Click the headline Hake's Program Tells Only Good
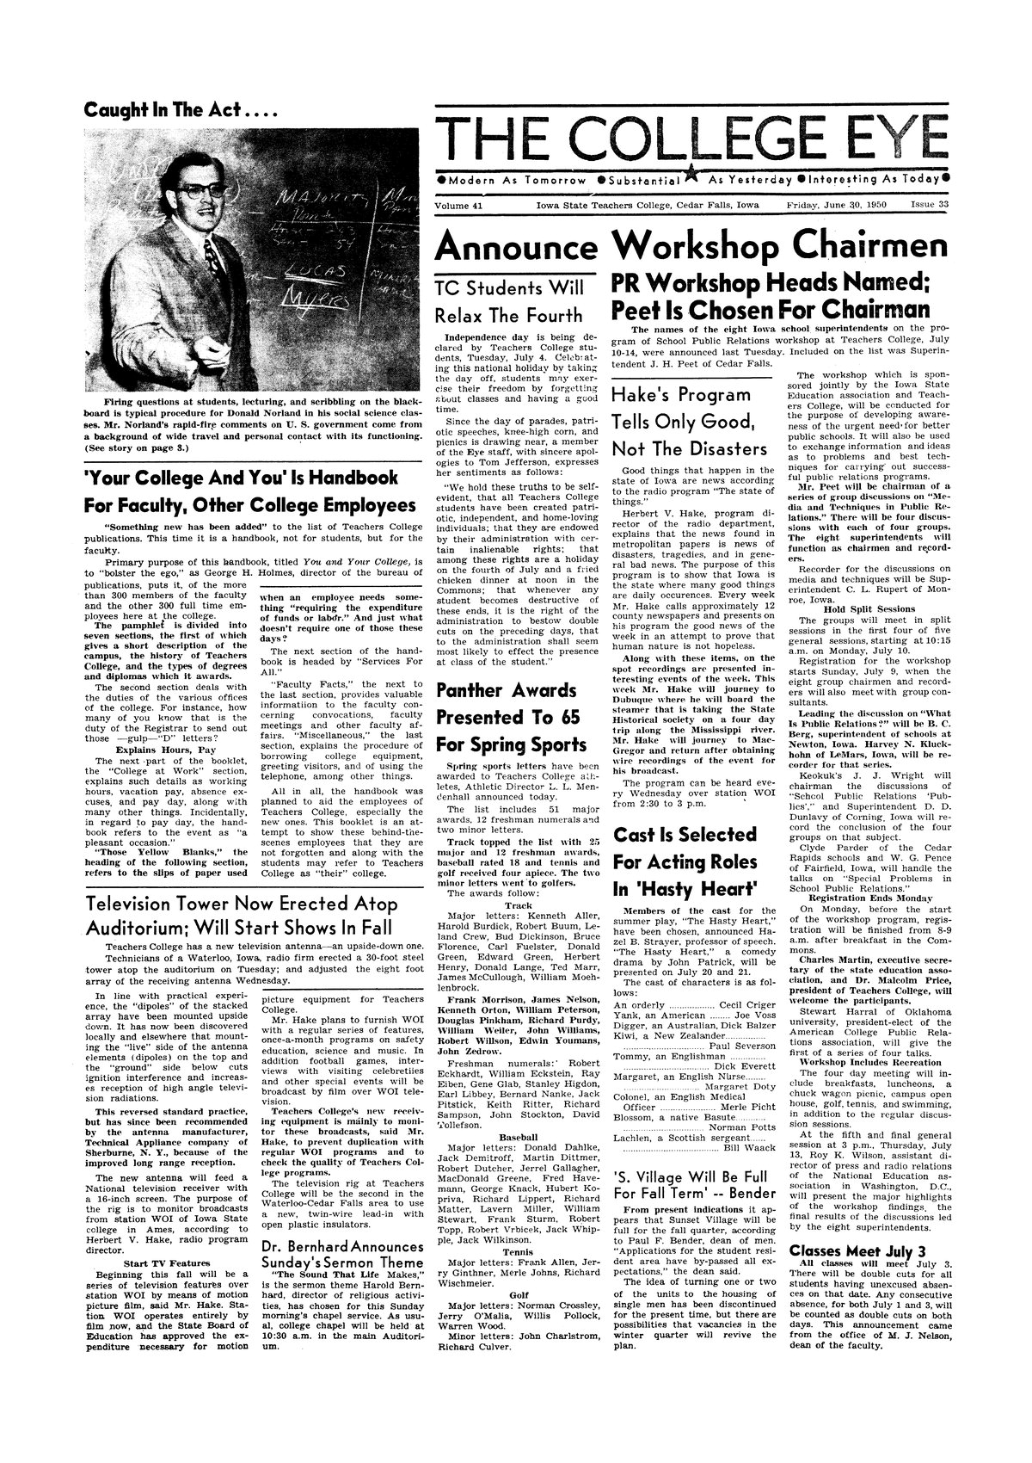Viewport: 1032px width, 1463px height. tap(688, 422)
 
